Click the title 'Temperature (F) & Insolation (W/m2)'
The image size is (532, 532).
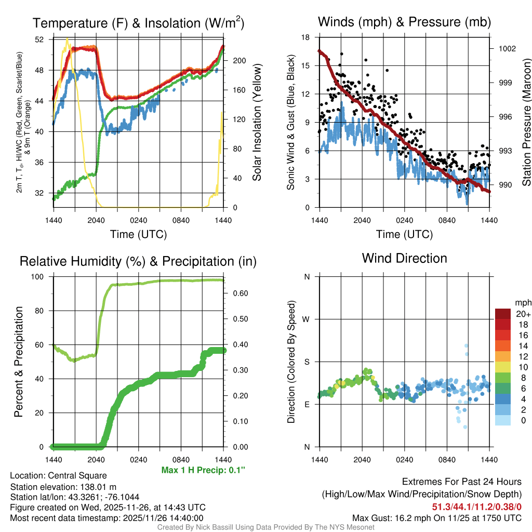[x=138, y=23]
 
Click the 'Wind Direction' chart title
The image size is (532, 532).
[x=404, y=258]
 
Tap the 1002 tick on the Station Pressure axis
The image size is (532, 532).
[x=507, y=48]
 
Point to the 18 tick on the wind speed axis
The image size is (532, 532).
[x=305, y=37]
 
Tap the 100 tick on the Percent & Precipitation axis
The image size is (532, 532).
[x=39, y=276]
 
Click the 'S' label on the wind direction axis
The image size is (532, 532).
[x=307, y=362]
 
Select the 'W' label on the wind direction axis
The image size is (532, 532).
[x=307, y=319]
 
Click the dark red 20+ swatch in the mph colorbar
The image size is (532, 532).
[x=503, y=314]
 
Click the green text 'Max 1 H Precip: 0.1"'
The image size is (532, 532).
[x=203, y=470]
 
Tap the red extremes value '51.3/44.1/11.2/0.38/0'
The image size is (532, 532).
[x=476, y=507]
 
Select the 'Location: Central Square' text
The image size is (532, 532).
[x=58, y=475]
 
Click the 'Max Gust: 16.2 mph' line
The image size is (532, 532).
[x=436, y=517]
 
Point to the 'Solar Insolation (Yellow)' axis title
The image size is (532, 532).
[x=257, y=123]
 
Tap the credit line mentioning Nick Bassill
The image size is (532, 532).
[x=265, y=527]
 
